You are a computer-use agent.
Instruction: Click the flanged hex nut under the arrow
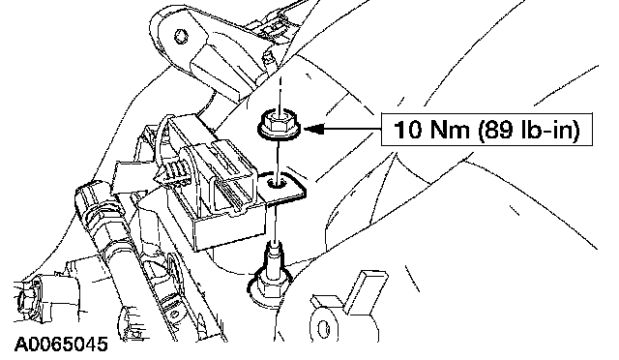(279, 125)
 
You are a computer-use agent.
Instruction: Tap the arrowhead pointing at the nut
(314, 129)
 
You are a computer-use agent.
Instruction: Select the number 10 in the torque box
(407, 130)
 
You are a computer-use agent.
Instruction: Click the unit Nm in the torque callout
(452, 130)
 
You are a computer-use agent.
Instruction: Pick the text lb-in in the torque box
(545, 130)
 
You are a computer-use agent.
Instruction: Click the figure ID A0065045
(61, 345)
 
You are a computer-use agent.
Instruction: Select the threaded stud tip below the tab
(275, 249)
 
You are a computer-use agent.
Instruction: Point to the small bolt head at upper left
(181, 36)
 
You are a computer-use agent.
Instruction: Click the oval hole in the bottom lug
(323, 328)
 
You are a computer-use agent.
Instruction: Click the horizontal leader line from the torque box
(352, 129)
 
